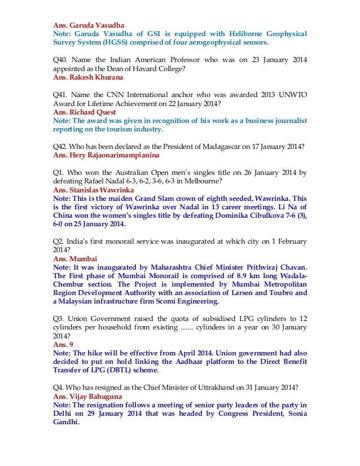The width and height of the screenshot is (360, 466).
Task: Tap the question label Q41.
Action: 60,95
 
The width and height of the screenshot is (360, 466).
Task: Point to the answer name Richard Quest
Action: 91,112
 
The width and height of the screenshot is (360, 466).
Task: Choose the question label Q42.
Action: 60,146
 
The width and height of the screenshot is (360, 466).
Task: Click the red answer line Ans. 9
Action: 63,344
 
